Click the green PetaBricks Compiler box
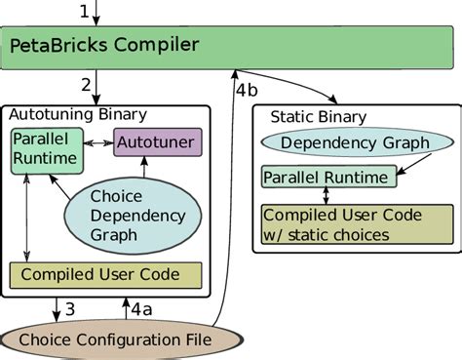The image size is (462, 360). [x=230, y=46]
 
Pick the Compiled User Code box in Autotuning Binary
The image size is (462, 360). [x=105, y=275]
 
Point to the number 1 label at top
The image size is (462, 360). [x=84, y=12]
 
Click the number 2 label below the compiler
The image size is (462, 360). [x=86, y=85]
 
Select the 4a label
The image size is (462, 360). [x=141, y=310]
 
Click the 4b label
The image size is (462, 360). [x=248, y=90]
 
